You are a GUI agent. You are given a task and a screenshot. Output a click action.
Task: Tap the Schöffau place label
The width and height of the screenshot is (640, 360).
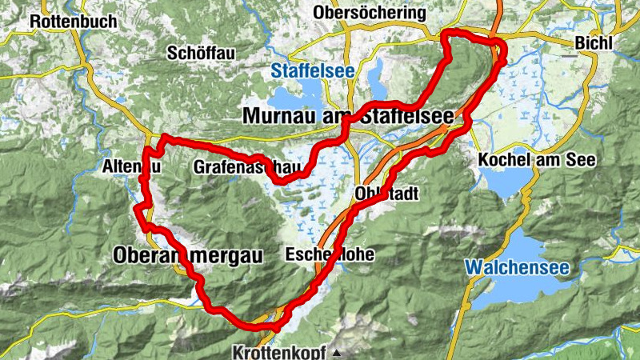click(x=199, y=53)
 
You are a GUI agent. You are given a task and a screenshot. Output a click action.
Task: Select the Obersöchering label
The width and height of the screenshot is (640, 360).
click(x=370, y=14)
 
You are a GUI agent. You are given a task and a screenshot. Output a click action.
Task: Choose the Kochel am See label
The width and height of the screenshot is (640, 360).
click(x=537, y=160)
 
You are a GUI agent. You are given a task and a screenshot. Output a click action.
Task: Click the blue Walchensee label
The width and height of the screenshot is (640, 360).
click(x=516, y=268)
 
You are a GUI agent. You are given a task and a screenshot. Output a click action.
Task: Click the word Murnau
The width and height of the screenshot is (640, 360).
click(x=278, y=117)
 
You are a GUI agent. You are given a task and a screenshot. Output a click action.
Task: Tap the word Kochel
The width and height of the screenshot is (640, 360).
click(x=504, y=160)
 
